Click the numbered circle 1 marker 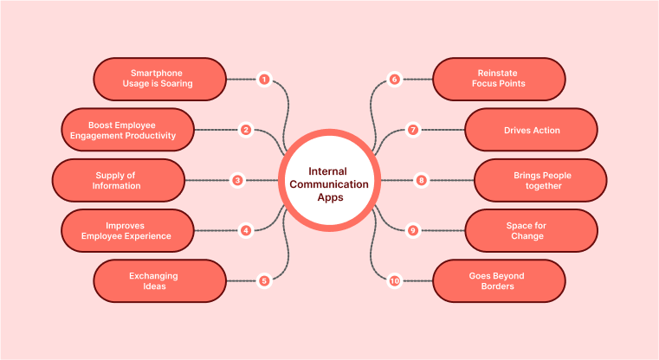pyautogui.click(x=264, y=80)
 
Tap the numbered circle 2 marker pyautogui.click(x=246, y=130)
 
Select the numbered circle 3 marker pyautogui.click(x=236, y=180)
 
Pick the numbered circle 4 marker pyautogui.click(x=246, y=230)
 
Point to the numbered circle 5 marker pyautogui.click(x=264, y=280)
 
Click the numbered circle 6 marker pyautogui.click(x=394, y=80)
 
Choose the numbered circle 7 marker pyautogui.click(x=413, y=130)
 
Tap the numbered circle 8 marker pyautogui.click(x=422, y=180)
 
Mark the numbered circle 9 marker pyautogui.click(x=413, y=230)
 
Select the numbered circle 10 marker pyautogui.click(x=394, y=280)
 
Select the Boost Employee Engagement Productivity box pyautogui.click(x=128, y=130)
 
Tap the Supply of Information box pyautogui.click(x=119, y=180)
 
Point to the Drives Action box pyautogui.click(x=531, y=130)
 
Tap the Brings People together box pyautogui.click(x=540, y=180)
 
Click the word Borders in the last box pyautogui.click(x=497, y=286)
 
